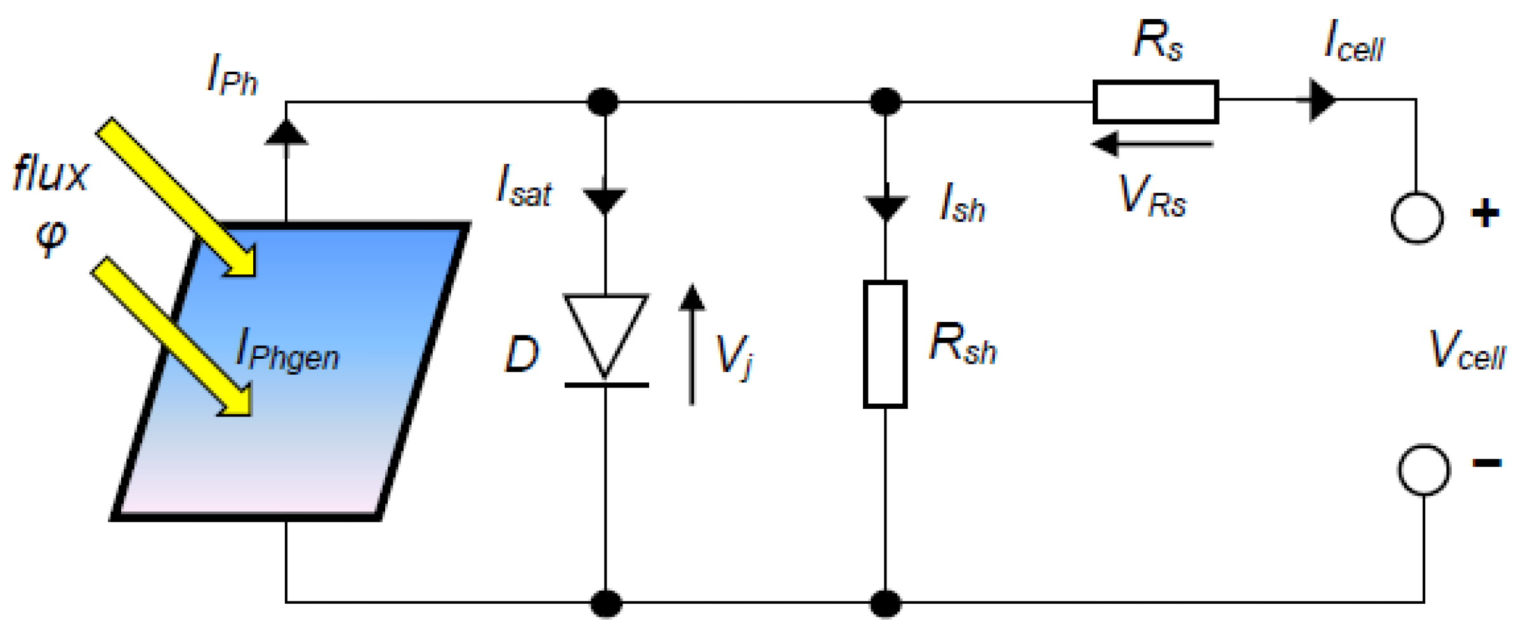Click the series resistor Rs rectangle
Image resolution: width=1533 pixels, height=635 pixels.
[x=1155, y=102]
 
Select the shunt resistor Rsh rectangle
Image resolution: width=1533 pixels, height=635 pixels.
[x=885, y=344]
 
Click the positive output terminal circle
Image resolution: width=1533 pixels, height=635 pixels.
[x=1417, y=217]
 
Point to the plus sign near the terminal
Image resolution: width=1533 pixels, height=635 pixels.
[x=1485, y=213]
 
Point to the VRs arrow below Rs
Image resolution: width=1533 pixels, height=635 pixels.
[x=1152, y=144]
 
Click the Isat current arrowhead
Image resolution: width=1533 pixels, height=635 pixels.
[x=605, y=199]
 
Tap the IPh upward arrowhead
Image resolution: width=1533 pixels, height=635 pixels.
[x=286, y=132]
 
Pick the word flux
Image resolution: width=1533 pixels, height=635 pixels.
[x=51, y=174]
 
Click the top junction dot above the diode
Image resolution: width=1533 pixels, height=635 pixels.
[x=603, y=102]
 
